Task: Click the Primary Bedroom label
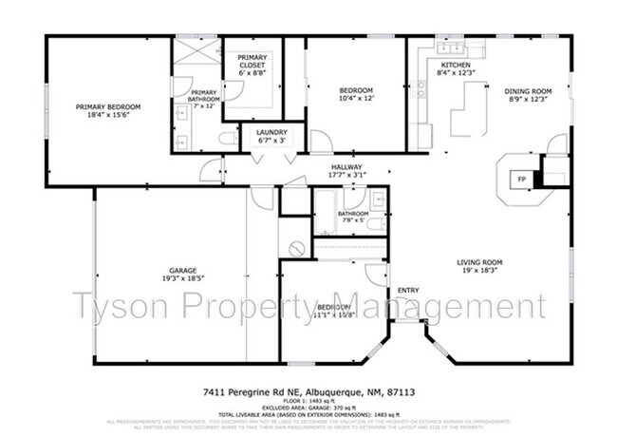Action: pos(107,106)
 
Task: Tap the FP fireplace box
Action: pos(520,179)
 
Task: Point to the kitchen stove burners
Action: pos(421,90)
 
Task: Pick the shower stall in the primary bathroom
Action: pos(196,50)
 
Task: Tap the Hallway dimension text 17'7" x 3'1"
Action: pos(346,174)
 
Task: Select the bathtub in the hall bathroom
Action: pos(325,212)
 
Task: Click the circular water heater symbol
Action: pos(296,248)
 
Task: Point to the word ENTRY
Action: pos(408,290)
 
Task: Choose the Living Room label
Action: pos(478,262)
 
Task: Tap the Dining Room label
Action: pos(528,91)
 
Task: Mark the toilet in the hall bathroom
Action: pos(375,224)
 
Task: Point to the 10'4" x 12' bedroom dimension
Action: pos(355,99)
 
